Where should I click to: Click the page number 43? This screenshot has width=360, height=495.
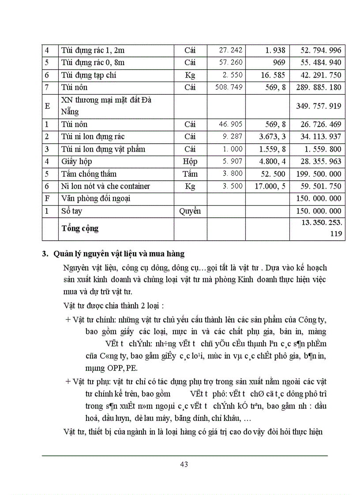(184, 464)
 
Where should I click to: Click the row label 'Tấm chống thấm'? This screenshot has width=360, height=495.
(89, 174)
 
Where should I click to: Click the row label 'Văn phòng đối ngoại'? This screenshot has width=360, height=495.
(97, 198)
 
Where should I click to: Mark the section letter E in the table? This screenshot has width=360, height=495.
(47, 106)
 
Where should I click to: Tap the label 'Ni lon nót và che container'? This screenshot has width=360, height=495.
(105, 186)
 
